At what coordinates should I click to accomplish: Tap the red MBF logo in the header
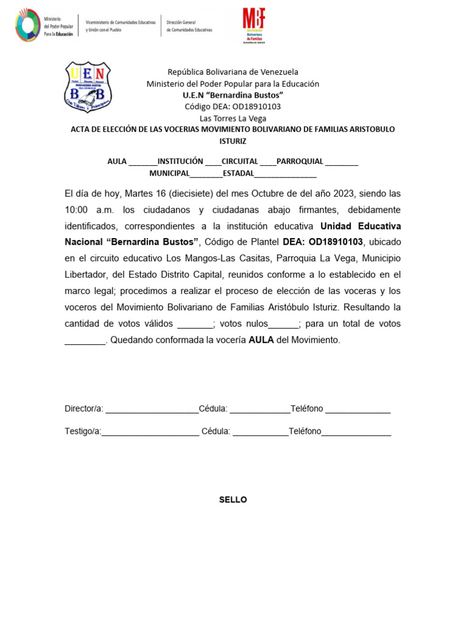pyautogui.click(x=254, y=24)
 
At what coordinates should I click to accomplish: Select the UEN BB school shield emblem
pyautogui.click(x=87, y=87)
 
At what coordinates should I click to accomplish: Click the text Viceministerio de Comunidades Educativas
pyautogui.click(x=121, y=22)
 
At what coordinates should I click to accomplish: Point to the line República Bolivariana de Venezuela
pyautogui.click(x=233, y=72)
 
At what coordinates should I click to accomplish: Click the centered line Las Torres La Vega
pyautogui.click(x=233, y=118)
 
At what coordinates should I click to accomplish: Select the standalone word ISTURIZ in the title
pyautogui.click(x=233, y=141)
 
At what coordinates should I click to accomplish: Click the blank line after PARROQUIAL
pyautogui.click(x=342, y=162)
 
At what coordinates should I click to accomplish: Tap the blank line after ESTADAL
pyautogui.click(x=285, y=174)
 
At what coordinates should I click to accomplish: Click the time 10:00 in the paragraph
pyautogui.click(x=76, y=210)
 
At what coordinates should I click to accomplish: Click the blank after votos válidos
pyautogui.click(x=195, y=324)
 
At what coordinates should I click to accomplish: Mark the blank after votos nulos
pyautogui.click(x=283, y=324)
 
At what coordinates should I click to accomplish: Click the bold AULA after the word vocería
pyautogui.click(x=261, y=340)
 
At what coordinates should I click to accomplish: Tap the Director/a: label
pyautogui.click(x=84, y=409)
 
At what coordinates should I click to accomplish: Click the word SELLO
pyautogui.click(x=233, y=500)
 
